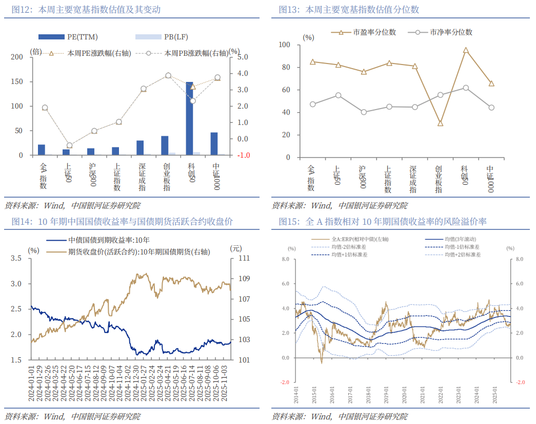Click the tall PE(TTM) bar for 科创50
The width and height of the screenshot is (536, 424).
tap(189, 118)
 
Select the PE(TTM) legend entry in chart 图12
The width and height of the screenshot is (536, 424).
tap(69, 37)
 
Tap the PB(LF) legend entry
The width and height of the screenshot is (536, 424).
tap(156, 37)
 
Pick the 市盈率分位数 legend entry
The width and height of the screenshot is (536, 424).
tap(365, 32)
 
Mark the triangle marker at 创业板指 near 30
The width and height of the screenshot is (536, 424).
tap(440, 123)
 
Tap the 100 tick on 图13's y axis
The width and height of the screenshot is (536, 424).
tap(285, 45)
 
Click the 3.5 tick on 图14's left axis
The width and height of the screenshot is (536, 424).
tap(17, 259)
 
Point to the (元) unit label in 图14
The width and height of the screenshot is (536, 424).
tap(236, 249)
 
